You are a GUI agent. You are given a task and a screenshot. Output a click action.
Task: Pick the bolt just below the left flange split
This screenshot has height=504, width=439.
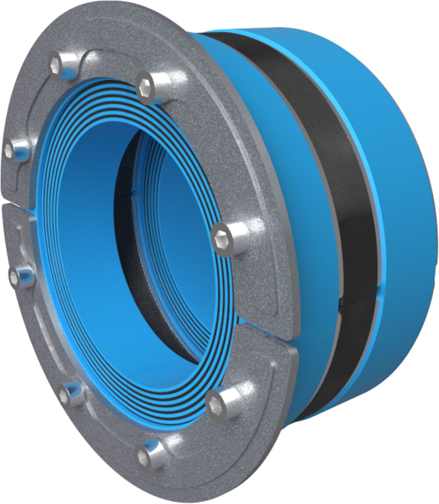16,276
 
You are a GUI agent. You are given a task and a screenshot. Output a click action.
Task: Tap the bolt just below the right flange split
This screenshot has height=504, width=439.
217,404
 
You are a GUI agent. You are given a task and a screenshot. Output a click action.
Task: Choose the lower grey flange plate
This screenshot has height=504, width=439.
110,439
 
